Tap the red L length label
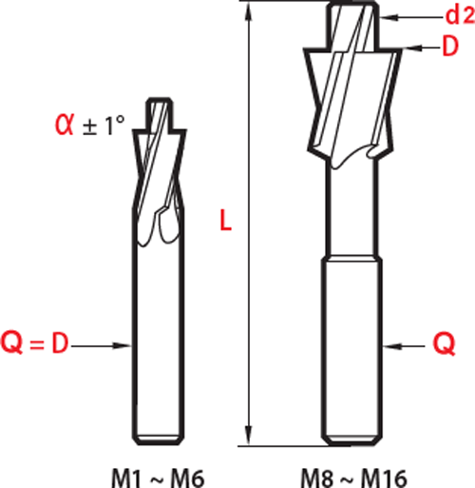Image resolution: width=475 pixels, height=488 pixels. point(226,221)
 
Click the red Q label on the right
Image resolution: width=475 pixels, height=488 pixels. point(444,345)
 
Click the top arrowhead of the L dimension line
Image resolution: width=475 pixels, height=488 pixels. point(249,11)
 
